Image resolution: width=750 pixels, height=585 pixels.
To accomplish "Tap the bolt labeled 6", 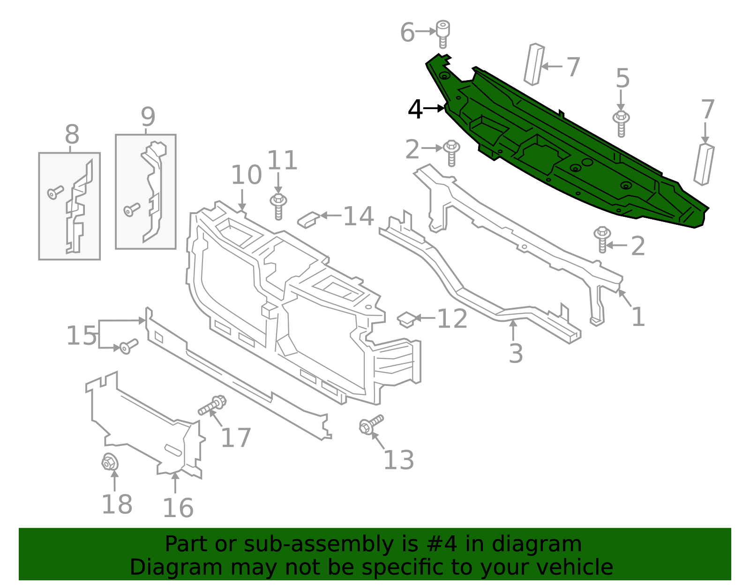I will click(442, 34).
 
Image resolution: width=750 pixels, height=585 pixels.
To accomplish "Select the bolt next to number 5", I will click(621, 123).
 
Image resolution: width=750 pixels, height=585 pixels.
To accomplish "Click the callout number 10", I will click(246, 175).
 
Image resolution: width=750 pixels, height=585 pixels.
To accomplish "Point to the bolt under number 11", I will click(278, 206).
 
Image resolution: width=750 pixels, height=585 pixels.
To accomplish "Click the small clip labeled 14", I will click(308, 219).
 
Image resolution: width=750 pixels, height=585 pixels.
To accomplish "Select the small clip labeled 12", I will click(406, 319).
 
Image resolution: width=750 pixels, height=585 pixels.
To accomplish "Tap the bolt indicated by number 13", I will click(370, 424).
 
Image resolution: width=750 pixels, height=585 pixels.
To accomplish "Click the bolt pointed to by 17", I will click(212, 406).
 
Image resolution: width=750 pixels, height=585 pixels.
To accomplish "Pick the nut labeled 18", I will click(110, 463).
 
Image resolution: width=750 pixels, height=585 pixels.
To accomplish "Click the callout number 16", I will click(178, 508).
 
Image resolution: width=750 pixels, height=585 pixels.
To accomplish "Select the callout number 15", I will click(82, 336).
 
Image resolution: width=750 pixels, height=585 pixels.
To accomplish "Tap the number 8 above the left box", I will click(72, 135).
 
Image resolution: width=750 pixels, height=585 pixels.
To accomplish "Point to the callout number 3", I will click(516, 353).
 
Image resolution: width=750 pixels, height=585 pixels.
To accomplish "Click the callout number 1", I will click(638, 317).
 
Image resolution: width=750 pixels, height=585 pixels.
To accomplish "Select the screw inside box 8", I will click(55, 192).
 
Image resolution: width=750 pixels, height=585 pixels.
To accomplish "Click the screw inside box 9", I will click(132, 209).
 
